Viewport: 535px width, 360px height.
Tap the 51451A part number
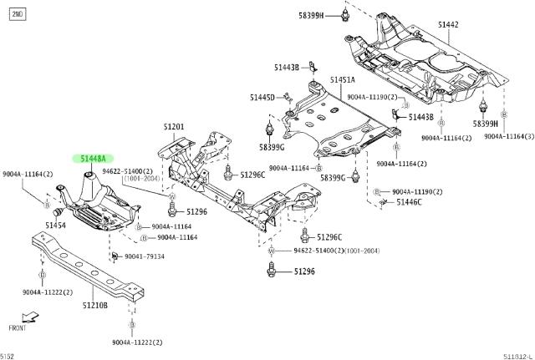[342, 80]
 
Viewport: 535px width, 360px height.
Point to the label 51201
[174, 127]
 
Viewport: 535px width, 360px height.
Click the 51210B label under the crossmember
[94, 306]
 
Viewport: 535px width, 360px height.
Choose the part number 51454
[55, 226]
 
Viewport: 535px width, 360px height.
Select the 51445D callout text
[262, 98]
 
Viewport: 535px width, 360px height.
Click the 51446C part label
[409, 202]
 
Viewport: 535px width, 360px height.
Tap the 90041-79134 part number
[145, 256]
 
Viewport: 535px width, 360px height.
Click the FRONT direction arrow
[29, 317]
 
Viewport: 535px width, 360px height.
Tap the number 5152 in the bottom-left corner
[8, 355]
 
